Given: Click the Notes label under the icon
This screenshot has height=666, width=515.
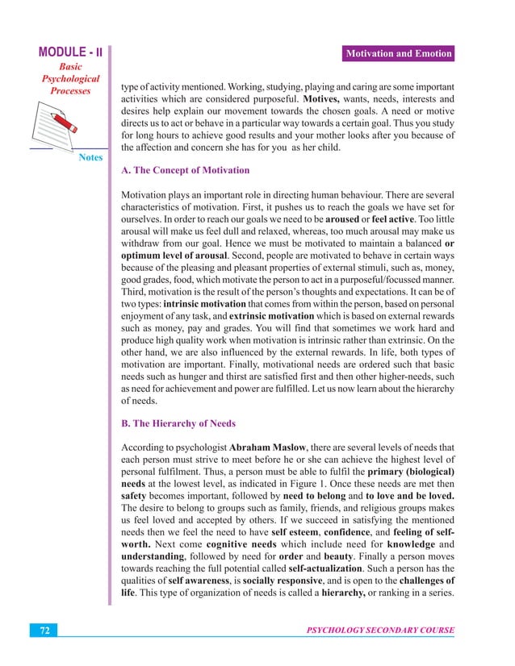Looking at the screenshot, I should pos(90,157).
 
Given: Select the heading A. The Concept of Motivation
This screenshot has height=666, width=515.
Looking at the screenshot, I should pos(185,171).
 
